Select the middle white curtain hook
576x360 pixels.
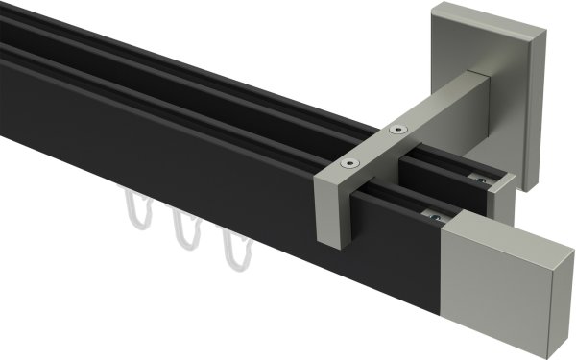tap(183, 231)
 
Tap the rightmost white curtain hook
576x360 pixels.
tap(232, 252)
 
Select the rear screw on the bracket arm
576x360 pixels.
tap(396, 128)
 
